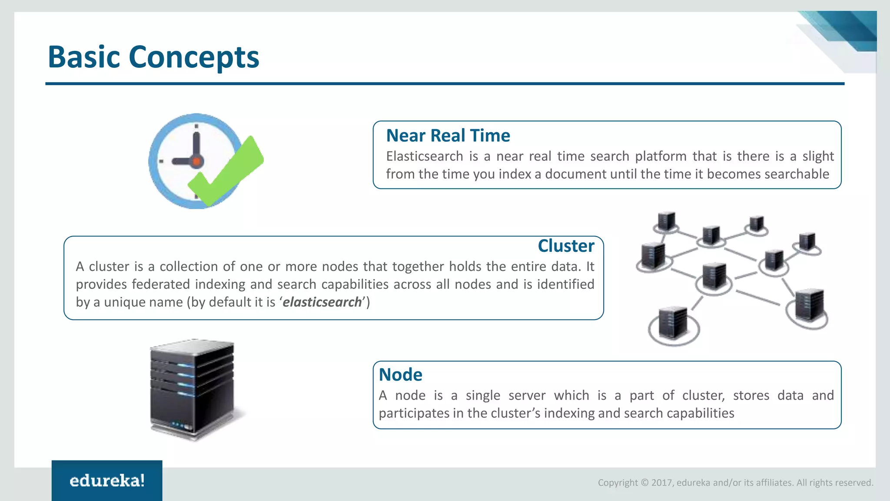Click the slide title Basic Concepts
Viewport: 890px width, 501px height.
pyautogui.click(x=153, y=57)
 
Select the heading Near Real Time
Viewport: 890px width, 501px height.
pyautogui.click(x=448, y=136)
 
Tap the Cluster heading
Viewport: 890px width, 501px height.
pyautogui.click(x=565, y=246)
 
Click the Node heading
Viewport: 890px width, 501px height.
pyautogui.click(x=400, y=375)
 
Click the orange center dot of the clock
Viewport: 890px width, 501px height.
pyautogui.click(x=196, y=161)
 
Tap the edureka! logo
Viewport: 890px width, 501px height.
pyautogui.click(x=107, y=481)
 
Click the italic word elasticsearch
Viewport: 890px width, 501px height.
pyautogui.click(x=322, y=302)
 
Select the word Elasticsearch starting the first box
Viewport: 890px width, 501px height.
pyautogui.click(x=424, y=156)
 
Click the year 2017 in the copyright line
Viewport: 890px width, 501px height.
pyautogui.click(x=661, y=483)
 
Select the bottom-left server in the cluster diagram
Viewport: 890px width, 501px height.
pyautogui.click(x=673, y=323)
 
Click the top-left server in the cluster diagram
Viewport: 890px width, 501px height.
pyautogui.click(x=666, y=221)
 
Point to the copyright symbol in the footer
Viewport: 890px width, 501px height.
pyautogui.click(x=644, y=483)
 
